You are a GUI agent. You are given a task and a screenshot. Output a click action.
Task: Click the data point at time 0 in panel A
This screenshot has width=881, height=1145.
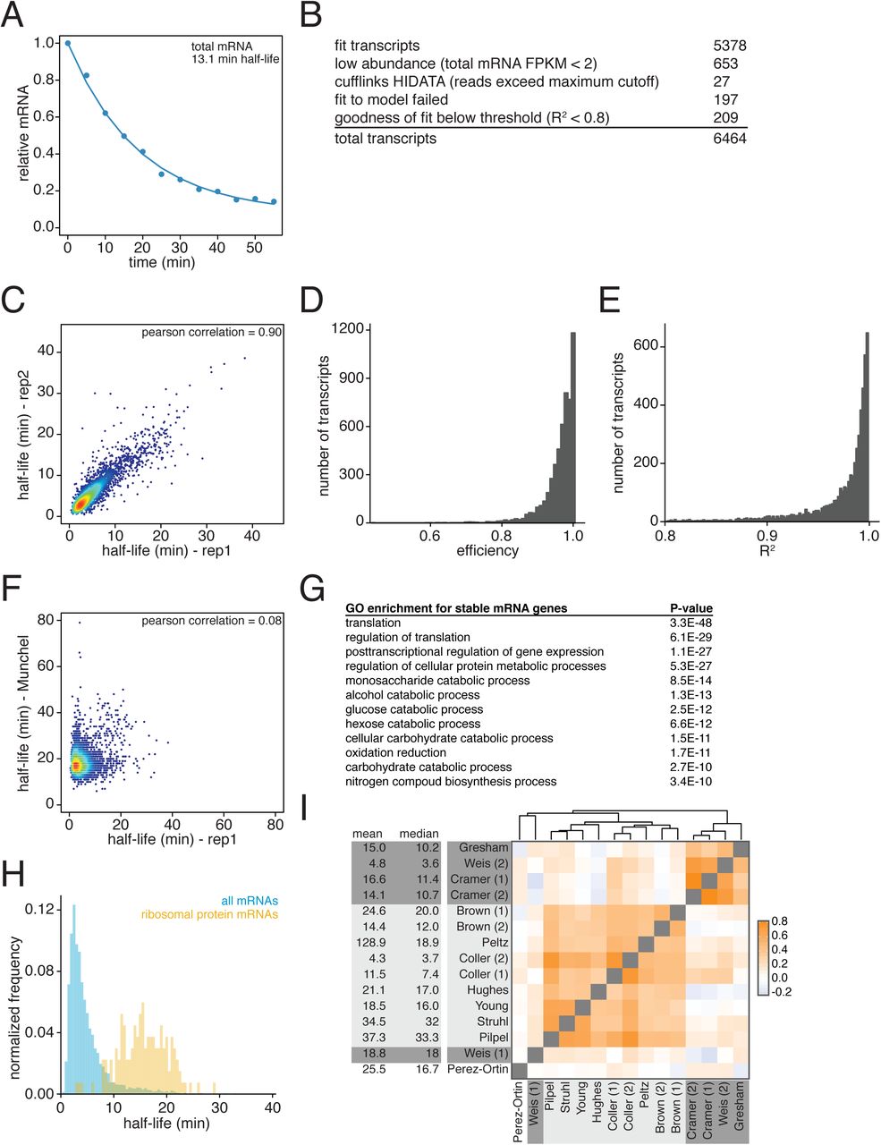(67, 43)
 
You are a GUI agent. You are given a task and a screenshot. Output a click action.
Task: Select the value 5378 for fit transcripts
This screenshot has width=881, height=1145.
(729, 46)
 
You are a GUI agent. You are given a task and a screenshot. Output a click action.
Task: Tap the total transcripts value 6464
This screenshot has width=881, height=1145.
(729, 139)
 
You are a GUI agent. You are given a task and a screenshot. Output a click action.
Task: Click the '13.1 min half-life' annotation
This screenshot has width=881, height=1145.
(235, 59)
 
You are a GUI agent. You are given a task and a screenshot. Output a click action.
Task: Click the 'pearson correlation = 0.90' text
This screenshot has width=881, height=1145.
(212, 333)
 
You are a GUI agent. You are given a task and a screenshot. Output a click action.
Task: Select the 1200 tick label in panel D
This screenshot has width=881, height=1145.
(348, 329)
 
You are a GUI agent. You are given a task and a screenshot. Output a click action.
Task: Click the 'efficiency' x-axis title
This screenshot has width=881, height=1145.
(487, 551)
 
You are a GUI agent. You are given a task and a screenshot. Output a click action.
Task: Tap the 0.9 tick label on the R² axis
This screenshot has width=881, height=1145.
(767, 536)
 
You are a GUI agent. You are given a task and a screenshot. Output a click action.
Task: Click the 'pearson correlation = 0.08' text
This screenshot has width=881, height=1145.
(212, 621)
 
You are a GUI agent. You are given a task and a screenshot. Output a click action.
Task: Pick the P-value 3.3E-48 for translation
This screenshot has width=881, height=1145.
(690, 623)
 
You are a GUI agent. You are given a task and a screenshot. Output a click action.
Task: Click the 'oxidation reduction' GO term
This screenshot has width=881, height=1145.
(395, 752)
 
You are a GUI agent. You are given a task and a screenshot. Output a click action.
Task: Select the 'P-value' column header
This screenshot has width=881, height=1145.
(690, 608)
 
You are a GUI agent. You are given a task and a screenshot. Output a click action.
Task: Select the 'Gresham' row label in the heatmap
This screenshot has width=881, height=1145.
(483, 847)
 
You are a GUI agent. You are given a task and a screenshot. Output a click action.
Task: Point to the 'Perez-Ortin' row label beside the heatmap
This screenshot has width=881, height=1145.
(478, 1069)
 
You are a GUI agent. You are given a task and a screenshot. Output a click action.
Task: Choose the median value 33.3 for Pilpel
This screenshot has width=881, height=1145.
(426, 1037)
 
